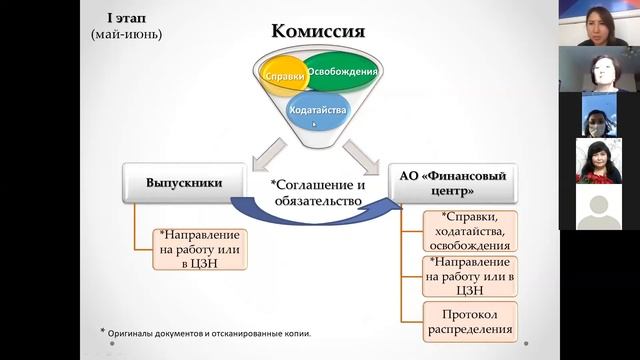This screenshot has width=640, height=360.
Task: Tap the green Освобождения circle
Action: pyautogui.click(x=342, y=72)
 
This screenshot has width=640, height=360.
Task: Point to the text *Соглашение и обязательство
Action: pyautogui.click(x=321, y=192)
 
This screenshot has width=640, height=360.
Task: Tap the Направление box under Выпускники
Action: pyautogui.click(x=200, y=250)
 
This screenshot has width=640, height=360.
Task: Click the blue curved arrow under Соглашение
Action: pyautogui.click(x=310, y=213)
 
